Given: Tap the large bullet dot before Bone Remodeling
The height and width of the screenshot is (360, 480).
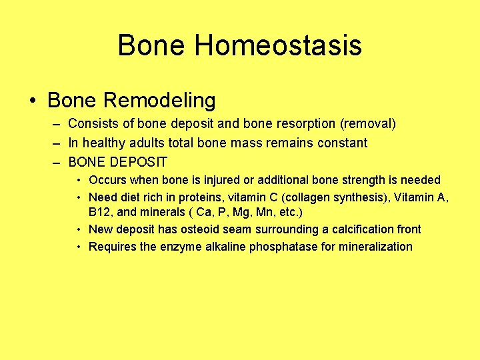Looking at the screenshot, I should point(33,101).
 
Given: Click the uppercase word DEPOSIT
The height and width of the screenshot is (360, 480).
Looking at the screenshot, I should point(139,162).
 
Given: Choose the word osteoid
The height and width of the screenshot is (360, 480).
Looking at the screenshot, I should point(193,229).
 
